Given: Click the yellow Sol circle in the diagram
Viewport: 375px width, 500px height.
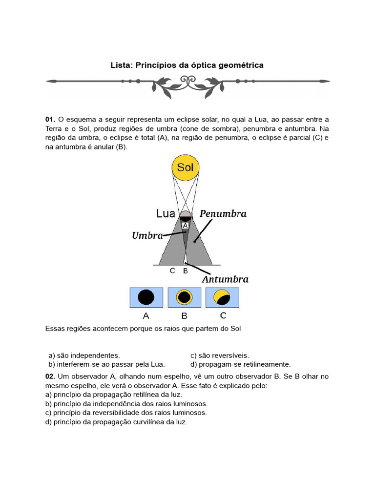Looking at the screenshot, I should click(185, 167).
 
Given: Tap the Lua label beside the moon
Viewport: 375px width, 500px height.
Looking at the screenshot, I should click(166, 213).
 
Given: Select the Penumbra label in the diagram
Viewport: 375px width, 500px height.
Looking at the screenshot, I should click(223, 214).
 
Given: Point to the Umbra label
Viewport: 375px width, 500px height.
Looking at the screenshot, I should click(147, 236).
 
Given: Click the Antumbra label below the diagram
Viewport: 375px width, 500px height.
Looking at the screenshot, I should click(225, 280).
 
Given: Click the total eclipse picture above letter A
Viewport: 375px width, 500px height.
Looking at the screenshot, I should click(146, 297).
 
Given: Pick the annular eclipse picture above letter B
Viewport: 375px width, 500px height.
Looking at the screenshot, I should click(184, 297).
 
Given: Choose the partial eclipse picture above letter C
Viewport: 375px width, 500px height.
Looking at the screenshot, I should click(223, 297).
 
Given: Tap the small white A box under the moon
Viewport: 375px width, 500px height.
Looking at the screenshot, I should click(186, 225).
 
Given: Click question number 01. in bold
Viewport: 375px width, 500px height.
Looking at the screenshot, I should click(50, 120).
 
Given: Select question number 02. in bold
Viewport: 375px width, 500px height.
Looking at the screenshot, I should click(50, 376).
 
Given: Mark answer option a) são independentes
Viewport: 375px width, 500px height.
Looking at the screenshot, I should click(84, 355).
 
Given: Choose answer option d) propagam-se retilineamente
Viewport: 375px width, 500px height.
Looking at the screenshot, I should click(240, 364).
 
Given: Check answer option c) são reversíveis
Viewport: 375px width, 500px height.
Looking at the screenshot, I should click(220, 355).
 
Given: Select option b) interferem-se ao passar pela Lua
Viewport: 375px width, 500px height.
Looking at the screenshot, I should click(106, 364).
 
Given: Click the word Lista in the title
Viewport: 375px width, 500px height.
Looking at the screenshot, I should click(122, 65).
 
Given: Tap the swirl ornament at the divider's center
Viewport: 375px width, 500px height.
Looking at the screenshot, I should click(187, 81).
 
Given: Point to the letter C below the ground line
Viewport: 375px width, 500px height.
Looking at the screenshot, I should click(172, 271).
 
